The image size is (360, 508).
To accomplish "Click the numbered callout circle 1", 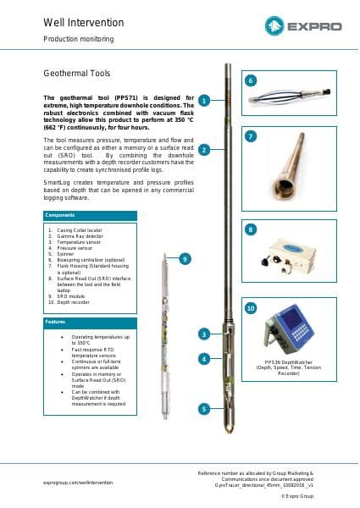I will pyautogui.click(x=204, y=100).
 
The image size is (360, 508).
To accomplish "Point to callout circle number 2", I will pyautogui.click(x=204, y=150).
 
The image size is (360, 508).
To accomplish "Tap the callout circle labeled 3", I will pyautogui.click(x=204, y=334).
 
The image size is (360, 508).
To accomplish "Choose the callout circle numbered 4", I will pyautogui.click(x=204, y=359).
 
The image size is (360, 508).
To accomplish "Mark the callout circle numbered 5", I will pyautogui.click(x=204, y=408).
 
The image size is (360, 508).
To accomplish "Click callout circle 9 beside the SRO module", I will pyautogui.click(x=185, y=258).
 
